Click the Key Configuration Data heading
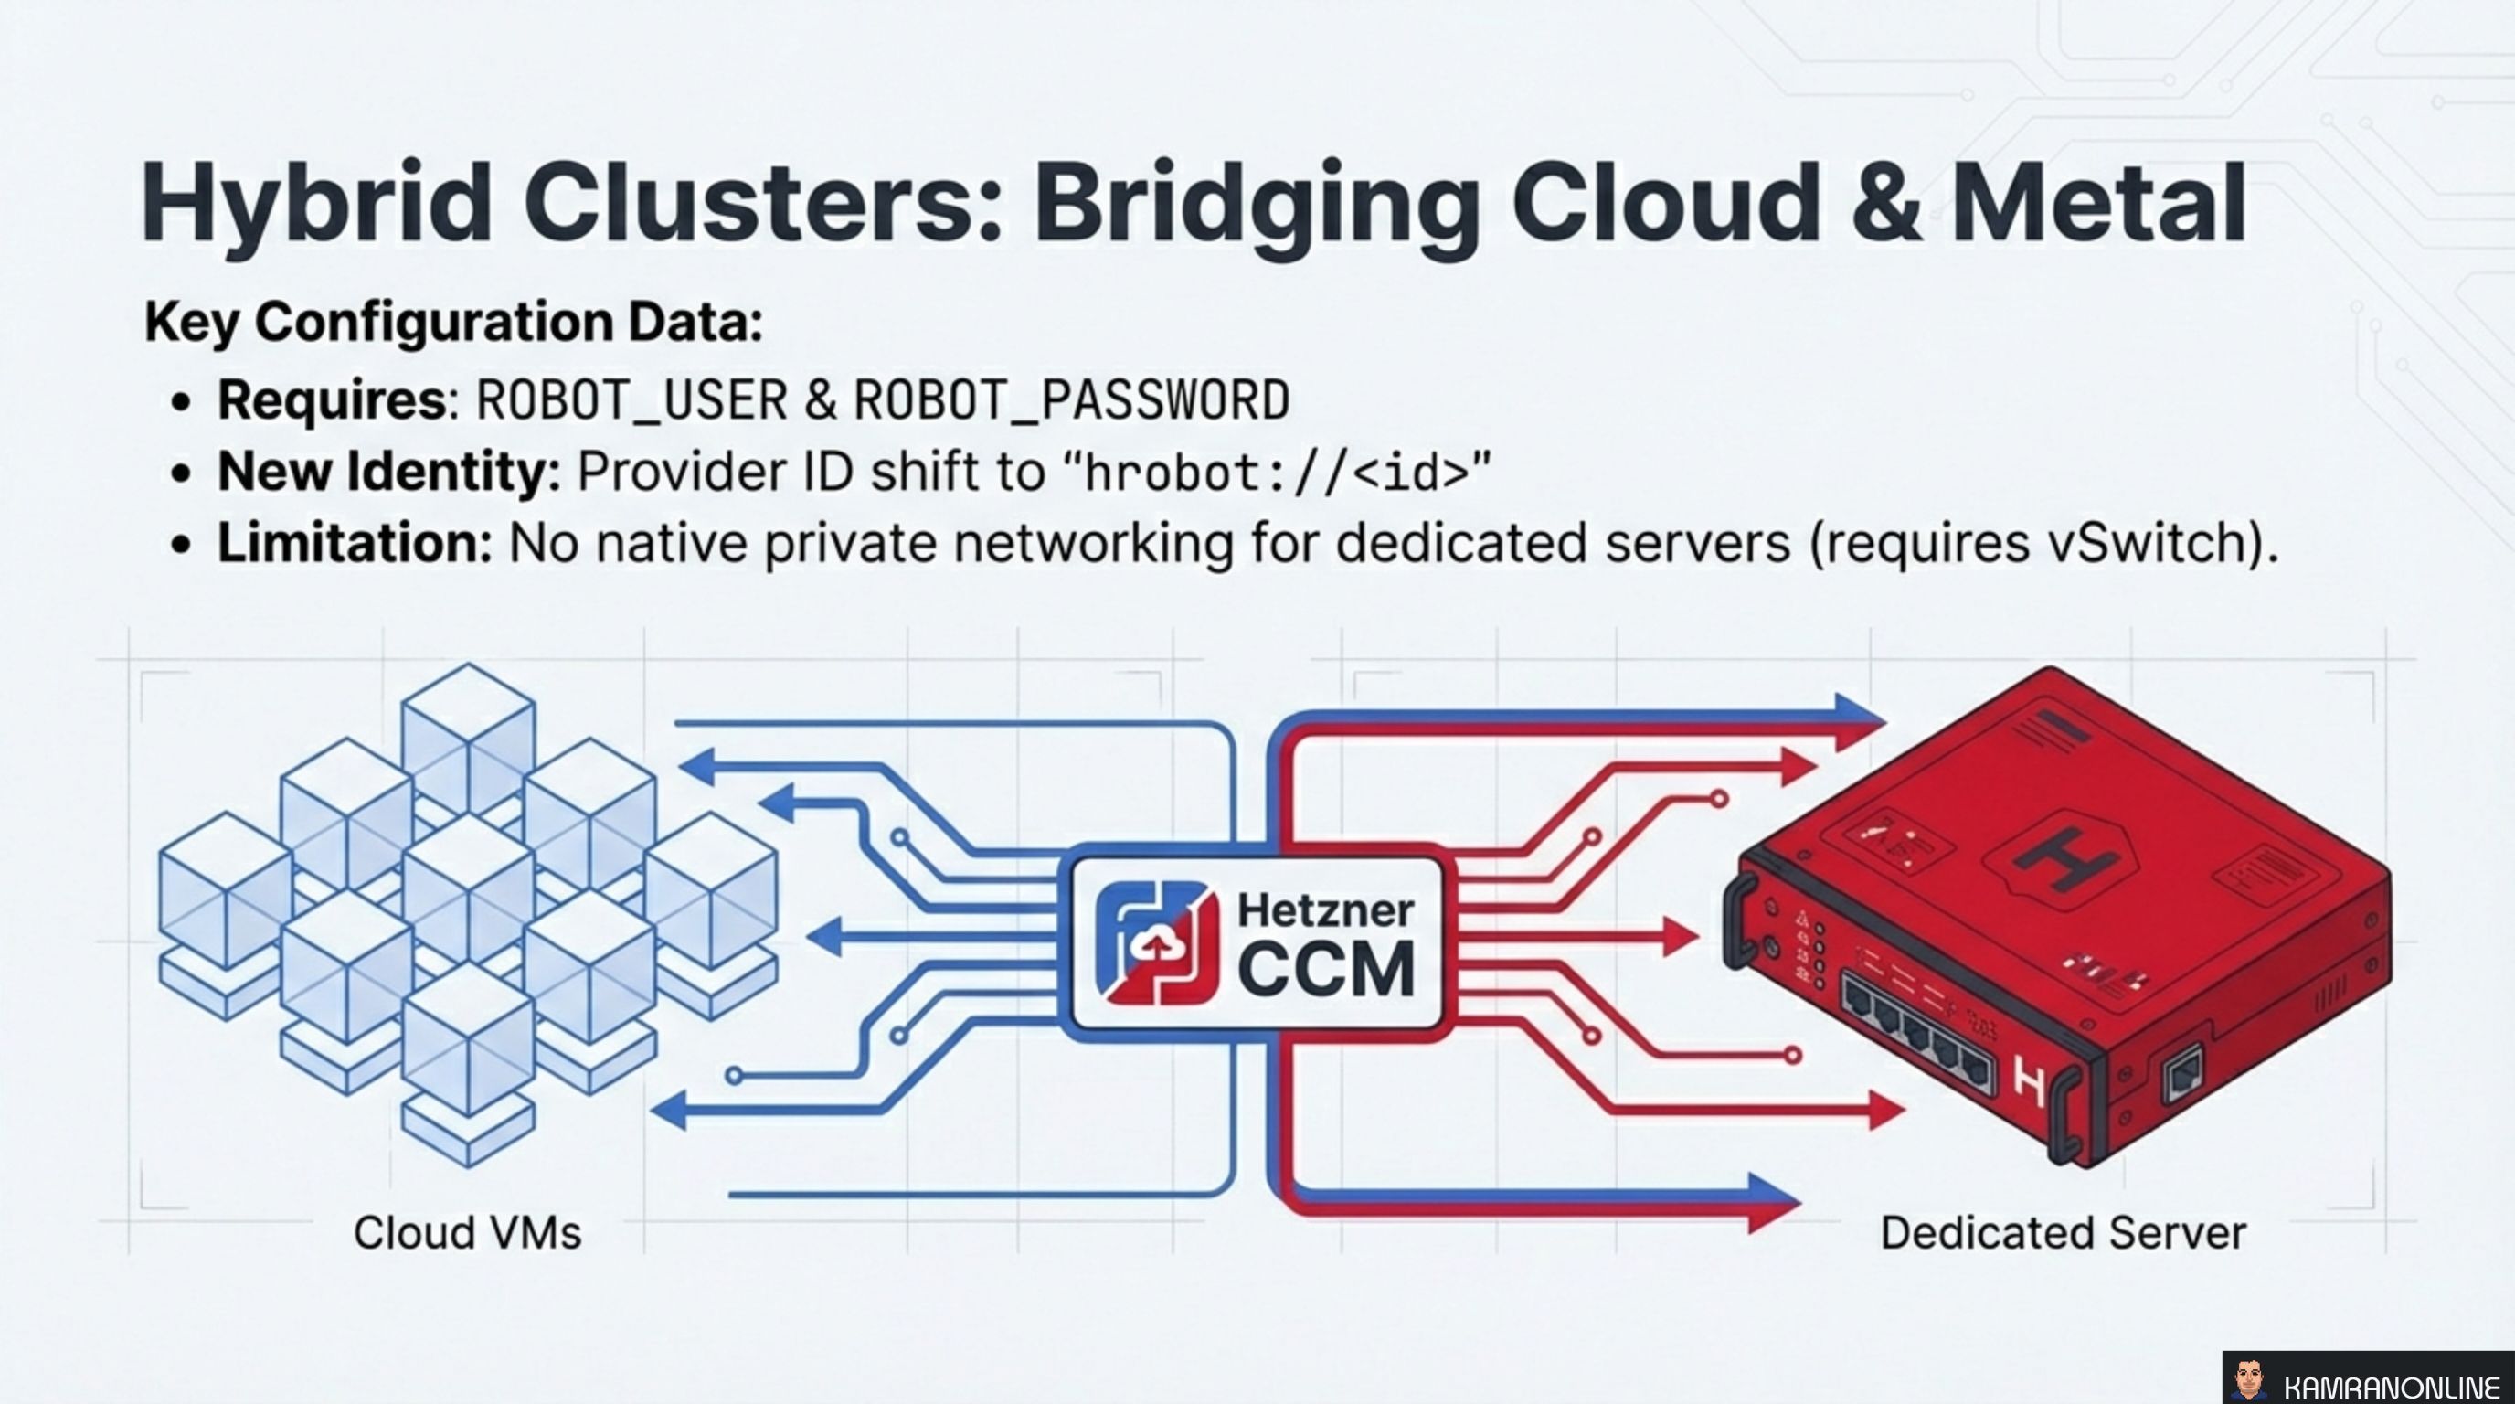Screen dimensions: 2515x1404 point(453,322)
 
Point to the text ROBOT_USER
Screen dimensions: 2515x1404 point(631,400)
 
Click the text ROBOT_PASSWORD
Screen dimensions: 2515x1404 point(1071,400)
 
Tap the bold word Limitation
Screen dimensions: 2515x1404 point(354,543)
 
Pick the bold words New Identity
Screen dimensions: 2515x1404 point(387,473)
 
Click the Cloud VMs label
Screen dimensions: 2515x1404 point(467,1233)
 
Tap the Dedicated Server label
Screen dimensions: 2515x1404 point(2062,1233)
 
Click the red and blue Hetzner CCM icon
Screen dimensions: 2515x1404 point(1156,943)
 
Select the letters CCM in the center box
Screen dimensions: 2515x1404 point(1325,970)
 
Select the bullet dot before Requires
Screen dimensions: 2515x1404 point(180,402)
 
